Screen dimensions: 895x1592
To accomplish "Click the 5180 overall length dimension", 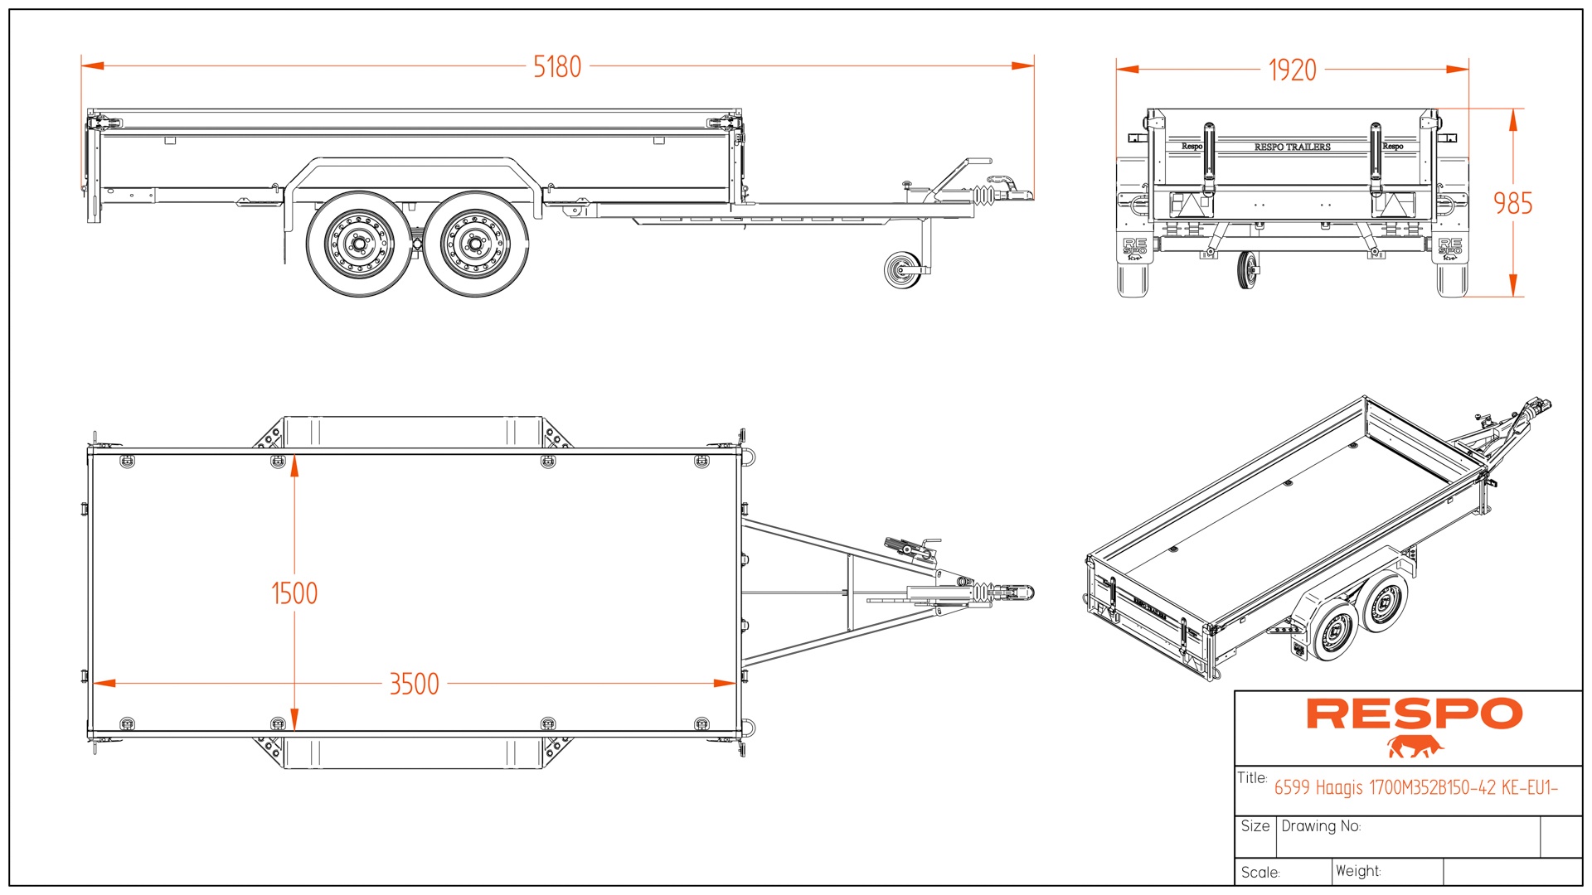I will tap(557, 66).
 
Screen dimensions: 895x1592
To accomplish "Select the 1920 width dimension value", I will tap(1292, 70).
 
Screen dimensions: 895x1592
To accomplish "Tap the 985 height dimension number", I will tap(1512, 204).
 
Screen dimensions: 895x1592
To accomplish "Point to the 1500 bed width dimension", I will tap(294, 593).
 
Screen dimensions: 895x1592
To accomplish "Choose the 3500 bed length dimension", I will tap(414, 685).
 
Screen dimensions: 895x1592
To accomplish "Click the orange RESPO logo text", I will tap(1415, 714).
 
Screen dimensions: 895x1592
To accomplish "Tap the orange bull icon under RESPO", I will tap(1415, 747).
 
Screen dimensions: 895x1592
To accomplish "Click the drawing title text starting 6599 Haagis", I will tap(1415, 787).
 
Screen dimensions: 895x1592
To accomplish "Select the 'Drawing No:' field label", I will tap(1321, 826).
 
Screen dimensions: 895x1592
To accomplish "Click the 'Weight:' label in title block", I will tap(1357, 871).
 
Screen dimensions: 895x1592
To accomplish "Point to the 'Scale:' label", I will tap(1260, 873).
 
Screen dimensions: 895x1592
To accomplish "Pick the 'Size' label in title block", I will tap(1255, 826).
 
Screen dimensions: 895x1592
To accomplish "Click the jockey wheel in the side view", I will tap(902, 270).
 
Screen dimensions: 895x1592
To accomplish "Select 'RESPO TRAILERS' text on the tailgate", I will tap(1292, 147).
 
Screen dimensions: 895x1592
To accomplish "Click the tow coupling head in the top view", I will tap(1022, 593).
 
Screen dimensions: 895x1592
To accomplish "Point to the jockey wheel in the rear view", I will tap(1245, 270).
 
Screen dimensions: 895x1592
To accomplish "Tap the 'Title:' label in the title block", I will tap(1252, 778).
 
